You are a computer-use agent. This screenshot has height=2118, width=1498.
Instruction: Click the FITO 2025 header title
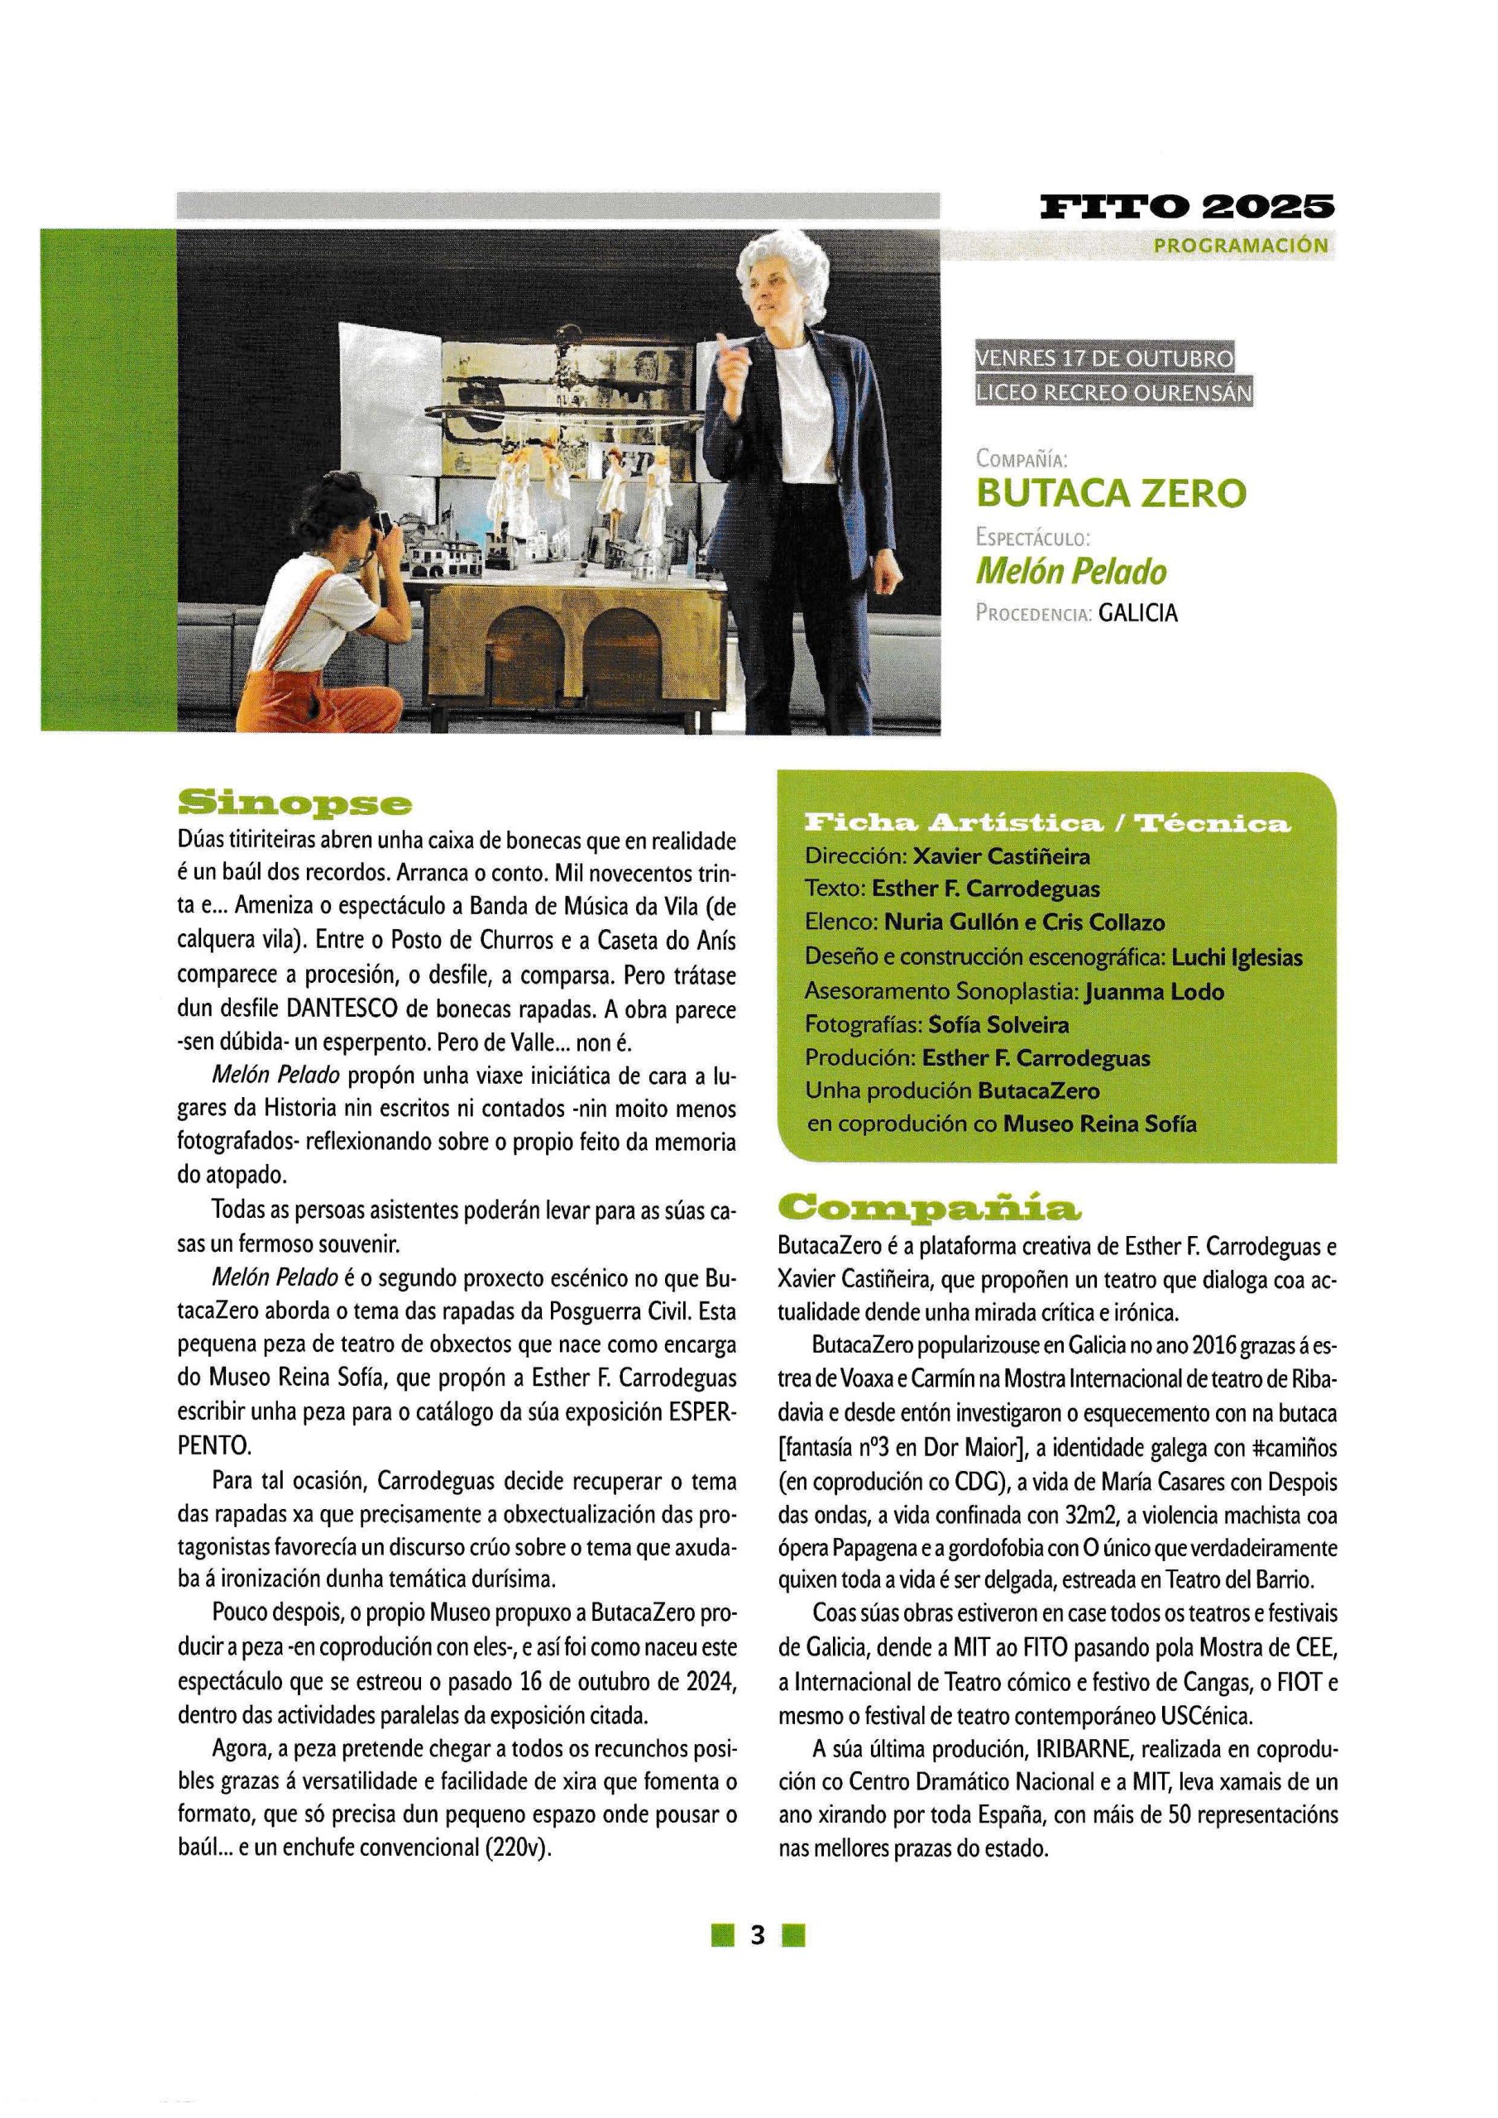coord(1186,207)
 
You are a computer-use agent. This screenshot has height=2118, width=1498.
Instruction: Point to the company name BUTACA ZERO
coord(1111,494)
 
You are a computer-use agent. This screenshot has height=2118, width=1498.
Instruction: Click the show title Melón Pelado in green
coord(1071,572)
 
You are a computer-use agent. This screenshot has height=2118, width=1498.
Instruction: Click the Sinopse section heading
coord(294,803)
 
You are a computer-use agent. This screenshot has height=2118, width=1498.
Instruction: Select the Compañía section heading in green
coord(928,1206)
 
